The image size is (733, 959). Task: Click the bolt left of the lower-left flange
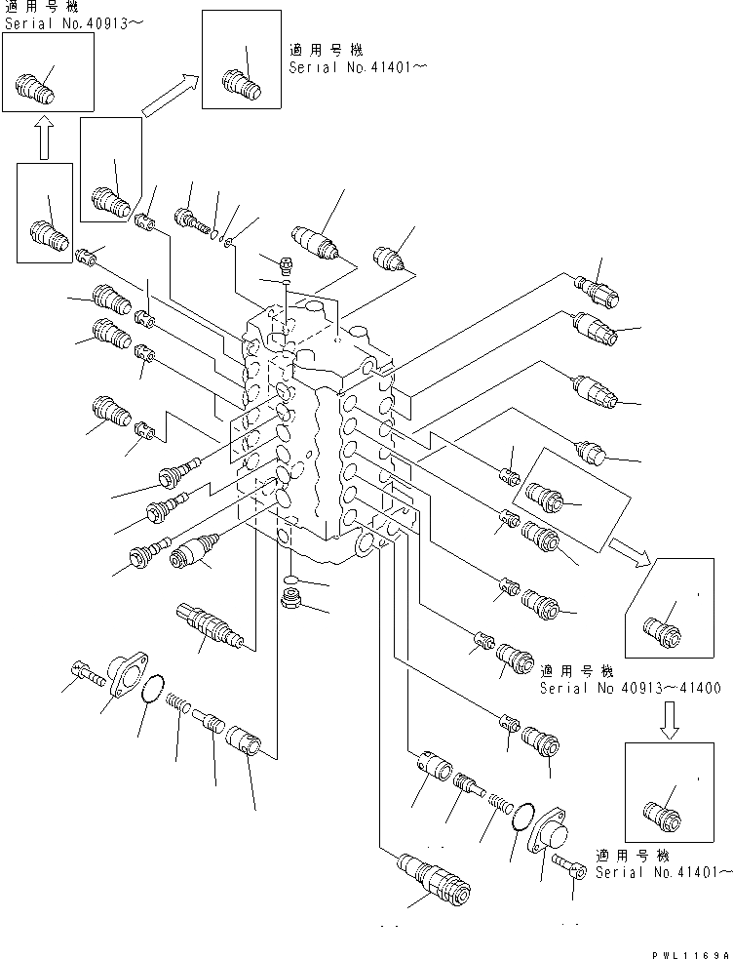coord(87,673)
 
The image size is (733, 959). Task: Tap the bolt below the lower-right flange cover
coord(564,863)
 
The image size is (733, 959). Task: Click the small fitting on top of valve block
coord(284,263)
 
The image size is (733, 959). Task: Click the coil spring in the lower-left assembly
coord(177,701)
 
